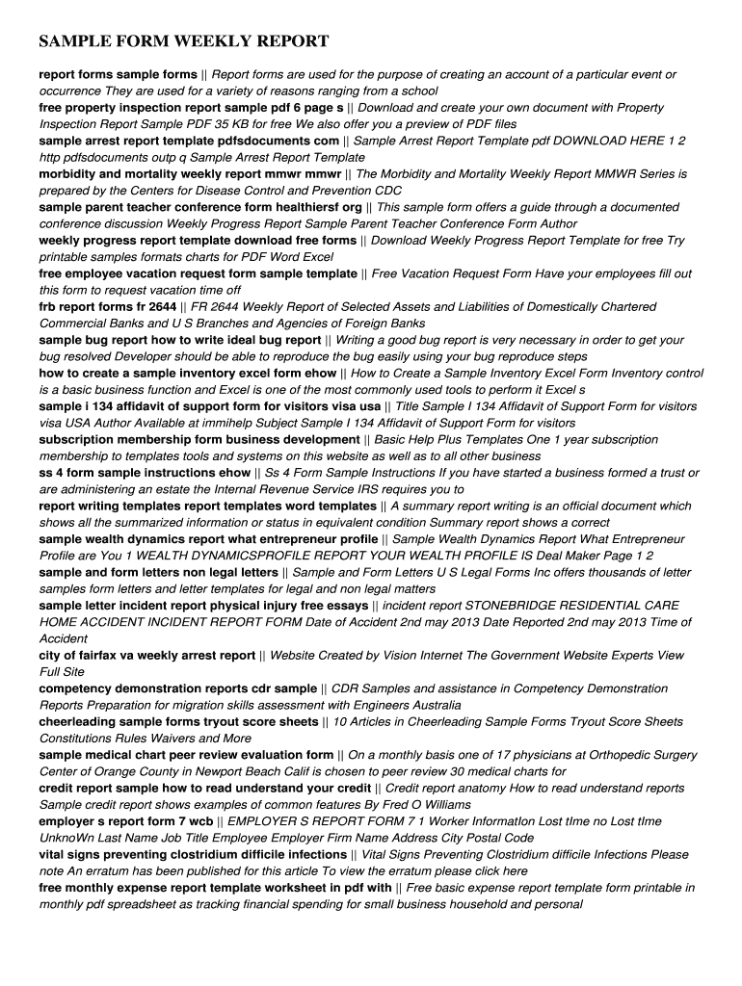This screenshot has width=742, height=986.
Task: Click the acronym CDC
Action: tap(387, 191)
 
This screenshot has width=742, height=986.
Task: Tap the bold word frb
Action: tap(49, 306)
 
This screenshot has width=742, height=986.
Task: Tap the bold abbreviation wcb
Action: tap(200, 821)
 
